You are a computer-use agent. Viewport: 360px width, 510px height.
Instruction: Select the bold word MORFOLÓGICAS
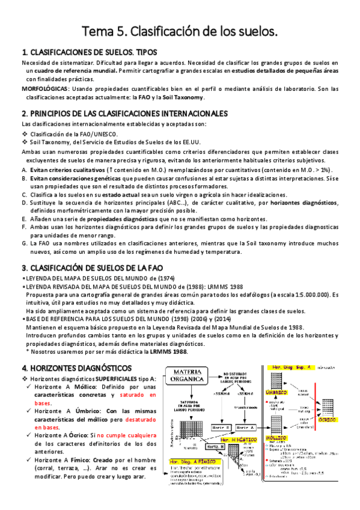(44, 88)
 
